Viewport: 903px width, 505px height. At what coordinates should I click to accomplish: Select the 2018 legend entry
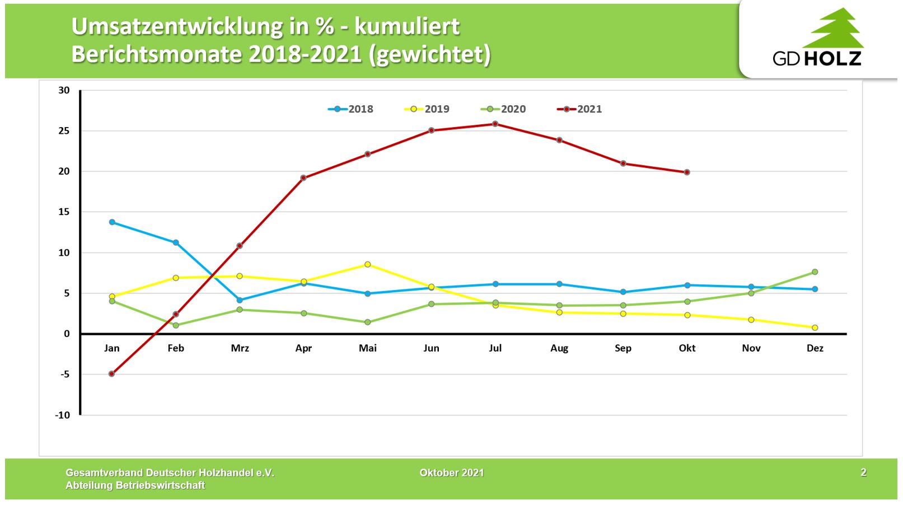351,109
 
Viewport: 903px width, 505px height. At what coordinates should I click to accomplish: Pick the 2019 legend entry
427,109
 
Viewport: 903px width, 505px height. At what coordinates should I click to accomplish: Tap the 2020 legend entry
503,109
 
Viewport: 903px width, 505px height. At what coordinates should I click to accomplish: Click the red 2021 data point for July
495,124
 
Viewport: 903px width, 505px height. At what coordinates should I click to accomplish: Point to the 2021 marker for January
112,373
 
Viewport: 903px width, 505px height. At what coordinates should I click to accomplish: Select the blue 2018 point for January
112,222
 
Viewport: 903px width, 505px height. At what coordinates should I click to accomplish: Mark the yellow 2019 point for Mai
368,264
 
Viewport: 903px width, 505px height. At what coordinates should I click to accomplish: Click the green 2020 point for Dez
815,272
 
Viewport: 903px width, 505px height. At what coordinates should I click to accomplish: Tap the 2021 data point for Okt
687,172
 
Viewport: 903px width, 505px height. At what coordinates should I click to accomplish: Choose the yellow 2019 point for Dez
815,328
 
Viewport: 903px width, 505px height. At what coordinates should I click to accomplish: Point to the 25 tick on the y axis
64,131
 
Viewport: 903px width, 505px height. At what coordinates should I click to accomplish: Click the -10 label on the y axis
62,415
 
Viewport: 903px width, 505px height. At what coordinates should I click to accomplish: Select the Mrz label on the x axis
240,348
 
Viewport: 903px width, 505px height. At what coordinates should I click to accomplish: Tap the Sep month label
623,348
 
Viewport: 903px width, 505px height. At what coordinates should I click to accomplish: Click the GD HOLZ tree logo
832,29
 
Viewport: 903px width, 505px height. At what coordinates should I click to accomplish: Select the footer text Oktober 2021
452,473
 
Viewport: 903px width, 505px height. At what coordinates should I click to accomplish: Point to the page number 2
863,473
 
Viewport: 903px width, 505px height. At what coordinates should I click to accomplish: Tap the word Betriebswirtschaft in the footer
160,485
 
